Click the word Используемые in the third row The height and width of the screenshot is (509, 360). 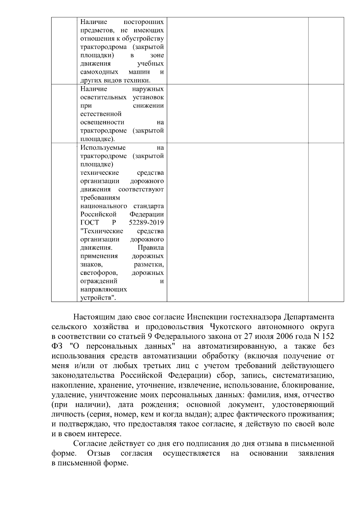point(103,148)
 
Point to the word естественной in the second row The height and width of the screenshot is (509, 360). point(101,114)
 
